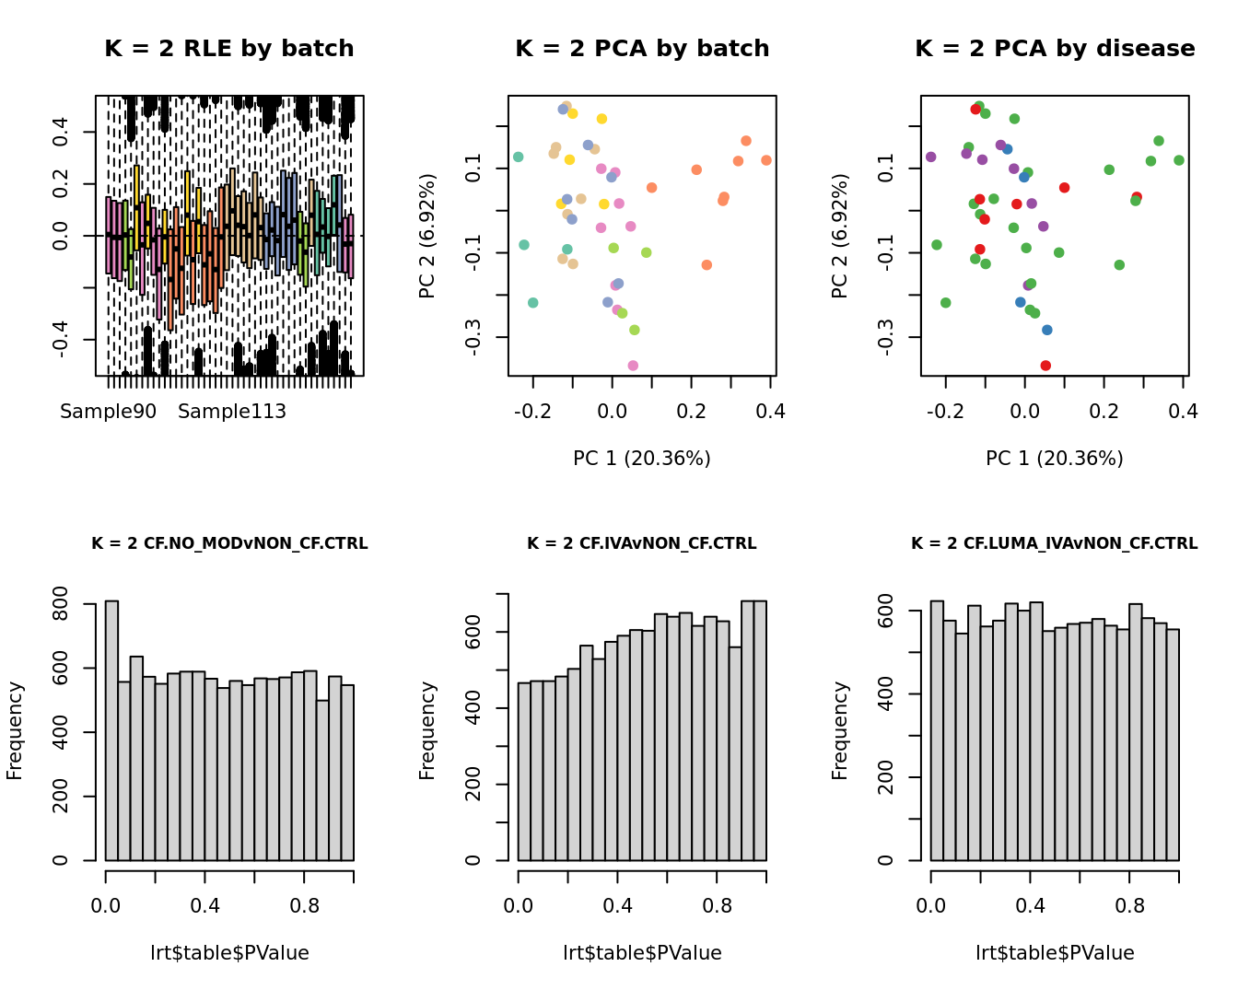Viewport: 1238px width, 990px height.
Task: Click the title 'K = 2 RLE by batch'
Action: tap(228, 49)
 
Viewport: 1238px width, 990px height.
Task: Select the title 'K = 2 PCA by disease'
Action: tap(1055, 49)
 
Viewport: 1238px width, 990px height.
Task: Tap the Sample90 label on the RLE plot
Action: tap(109, 412)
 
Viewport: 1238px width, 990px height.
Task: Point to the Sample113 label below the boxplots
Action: tap(232, 412)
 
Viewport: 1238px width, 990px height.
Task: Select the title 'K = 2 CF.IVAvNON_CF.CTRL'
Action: tap(641, 543)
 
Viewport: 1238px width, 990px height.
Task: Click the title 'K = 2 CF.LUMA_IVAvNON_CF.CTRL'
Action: tap(1054, 543)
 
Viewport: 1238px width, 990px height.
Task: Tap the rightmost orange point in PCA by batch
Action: tap(766, 160)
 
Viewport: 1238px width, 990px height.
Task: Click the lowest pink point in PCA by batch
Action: tap(633, 366)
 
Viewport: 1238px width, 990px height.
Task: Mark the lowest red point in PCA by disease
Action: tap(1045, 366)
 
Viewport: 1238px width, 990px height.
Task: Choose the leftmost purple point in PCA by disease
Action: tap(930, 157)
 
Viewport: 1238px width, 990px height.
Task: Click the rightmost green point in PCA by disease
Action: tap(1179, 160)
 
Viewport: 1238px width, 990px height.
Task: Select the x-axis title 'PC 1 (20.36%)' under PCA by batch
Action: tap(641, 458)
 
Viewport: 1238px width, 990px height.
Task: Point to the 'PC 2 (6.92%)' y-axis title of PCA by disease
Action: tap(839, 236)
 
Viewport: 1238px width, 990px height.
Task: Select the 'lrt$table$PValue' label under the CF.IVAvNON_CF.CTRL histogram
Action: tap(642, 953)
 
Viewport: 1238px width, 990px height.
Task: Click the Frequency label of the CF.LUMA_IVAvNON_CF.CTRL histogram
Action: tap(839, 730)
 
